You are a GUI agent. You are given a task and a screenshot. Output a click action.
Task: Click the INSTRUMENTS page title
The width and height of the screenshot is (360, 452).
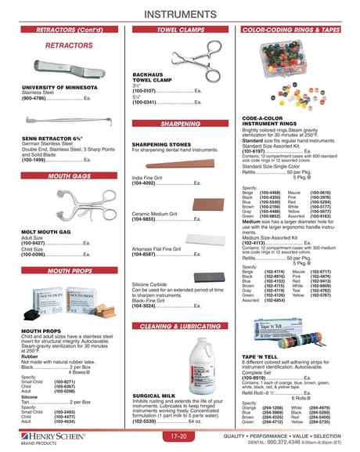click(x=180, y=13)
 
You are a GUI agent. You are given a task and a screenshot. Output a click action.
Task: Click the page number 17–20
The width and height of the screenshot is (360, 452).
click(x=179, y=435)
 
